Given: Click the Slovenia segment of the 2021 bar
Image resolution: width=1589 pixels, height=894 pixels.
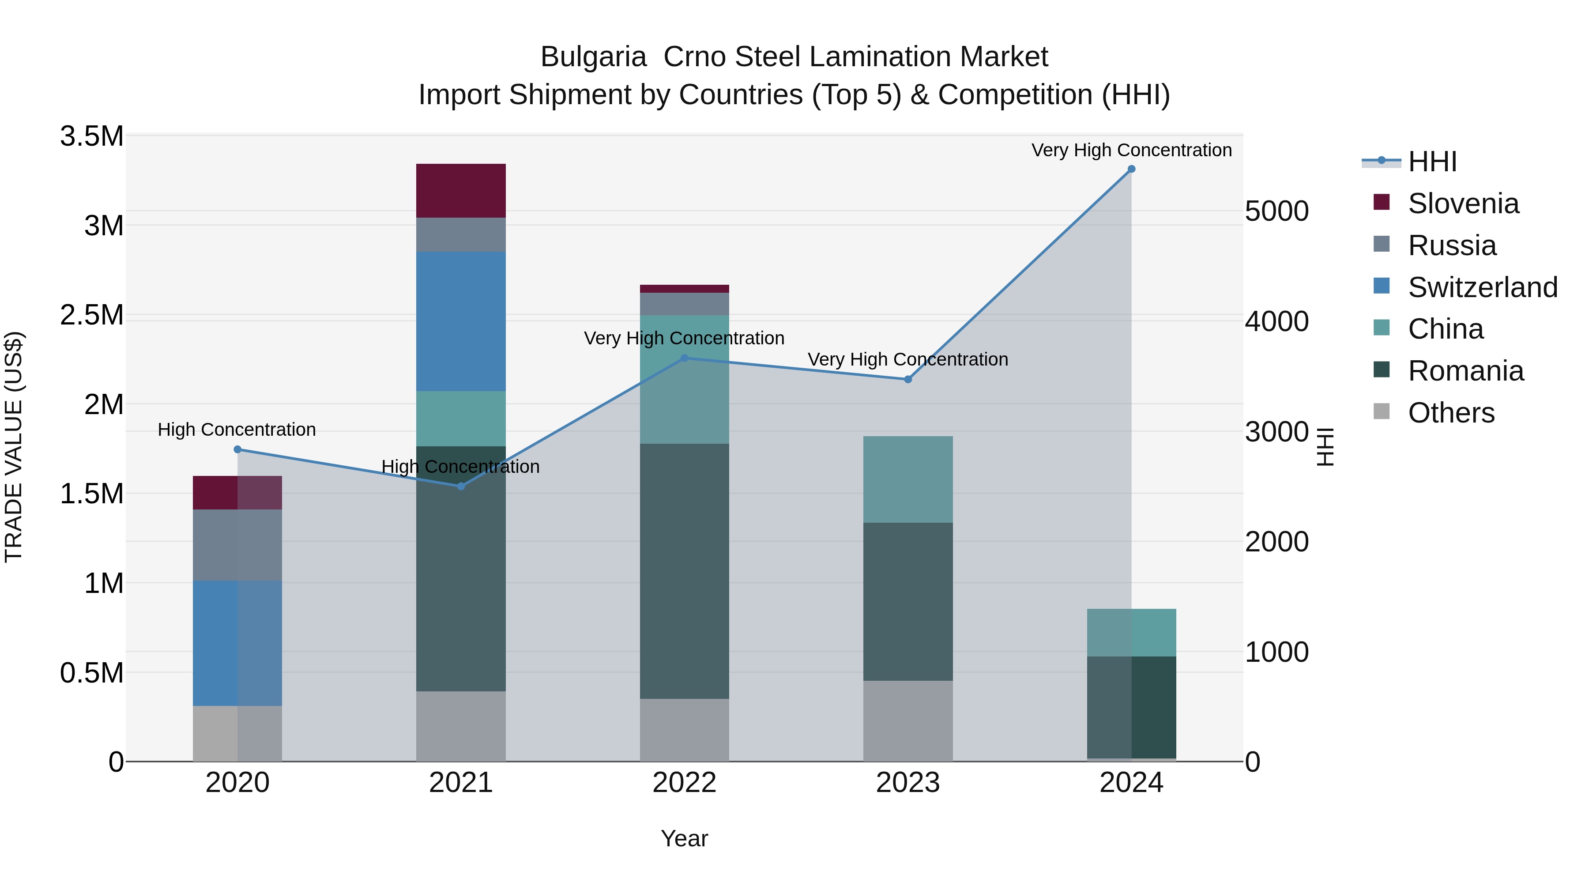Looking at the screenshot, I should tap(461, 191).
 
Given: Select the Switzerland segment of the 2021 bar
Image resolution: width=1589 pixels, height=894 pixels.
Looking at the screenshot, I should tap(461, 321).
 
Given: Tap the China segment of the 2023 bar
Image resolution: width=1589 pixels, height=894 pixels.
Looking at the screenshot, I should tap(907, 479).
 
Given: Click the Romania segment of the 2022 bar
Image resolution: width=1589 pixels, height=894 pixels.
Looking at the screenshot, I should tap(684, 571).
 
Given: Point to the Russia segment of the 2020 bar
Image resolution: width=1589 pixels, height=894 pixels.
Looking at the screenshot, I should tap(237, 545).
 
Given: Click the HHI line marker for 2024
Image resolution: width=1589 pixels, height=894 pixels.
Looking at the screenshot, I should tap(1131, 169).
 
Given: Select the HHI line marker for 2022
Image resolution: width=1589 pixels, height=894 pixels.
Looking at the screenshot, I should tap(684, 358).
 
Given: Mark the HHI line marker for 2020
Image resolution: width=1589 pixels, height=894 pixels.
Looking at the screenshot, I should tap(237, 449).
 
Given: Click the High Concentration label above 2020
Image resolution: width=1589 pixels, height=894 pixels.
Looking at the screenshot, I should tap(237, 430).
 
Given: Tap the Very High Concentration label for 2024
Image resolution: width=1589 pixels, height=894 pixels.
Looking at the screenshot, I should tap(1131, 150).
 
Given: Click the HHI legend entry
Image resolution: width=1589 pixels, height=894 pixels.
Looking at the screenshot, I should tap(1432, 162).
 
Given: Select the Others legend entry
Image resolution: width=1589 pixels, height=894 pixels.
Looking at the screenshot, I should tap(1451, 413).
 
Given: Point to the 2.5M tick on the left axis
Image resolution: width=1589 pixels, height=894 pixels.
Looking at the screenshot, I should tap(91, 315).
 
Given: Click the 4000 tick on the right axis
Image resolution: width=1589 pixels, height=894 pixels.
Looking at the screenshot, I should tap(1276, 321).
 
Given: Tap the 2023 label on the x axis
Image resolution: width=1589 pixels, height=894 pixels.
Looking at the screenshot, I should tap(907, 783).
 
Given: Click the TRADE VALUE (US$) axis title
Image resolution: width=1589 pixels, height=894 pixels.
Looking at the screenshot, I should tap(14, 447).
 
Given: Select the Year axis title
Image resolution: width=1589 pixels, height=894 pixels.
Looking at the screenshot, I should tap(684, 838).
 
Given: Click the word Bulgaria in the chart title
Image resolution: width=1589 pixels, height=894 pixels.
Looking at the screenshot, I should tap(593, 57).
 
